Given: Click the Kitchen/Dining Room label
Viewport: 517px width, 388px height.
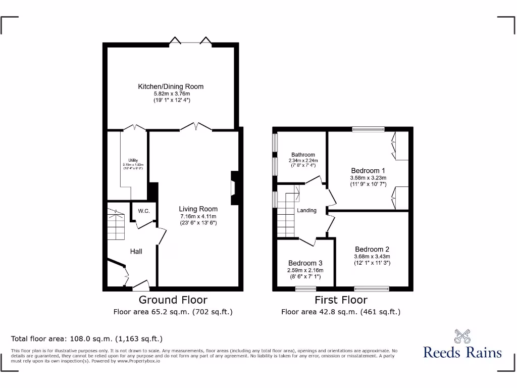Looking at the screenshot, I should click(x=171, y=87).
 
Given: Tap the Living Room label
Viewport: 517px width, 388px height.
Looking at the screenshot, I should click(x=198, y=209).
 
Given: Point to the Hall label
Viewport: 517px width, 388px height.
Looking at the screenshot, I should click(x=136, y=251).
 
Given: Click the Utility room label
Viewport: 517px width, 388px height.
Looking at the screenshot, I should click(x=133, y=160).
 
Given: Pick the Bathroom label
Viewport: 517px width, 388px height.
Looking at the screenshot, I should click(x=303, y=155).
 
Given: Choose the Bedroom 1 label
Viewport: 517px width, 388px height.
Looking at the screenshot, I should click(x=368, y=171).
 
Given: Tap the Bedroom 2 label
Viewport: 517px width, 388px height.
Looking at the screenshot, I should click(x=372, y=249).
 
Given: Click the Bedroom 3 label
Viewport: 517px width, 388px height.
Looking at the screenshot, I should click(x=305, y=263).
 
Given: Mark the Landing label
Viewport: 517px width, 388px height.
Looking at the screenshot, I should click(x=306, y=211).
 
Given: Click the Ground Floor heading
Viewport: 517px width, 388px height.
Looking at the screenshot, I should click(x=173, y=300).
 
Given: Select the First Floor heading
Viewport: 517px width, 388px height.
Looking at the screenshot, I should click(x=341, y=300).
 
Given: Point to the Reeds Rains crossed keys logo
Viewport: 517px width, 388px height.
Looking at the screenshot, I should click(x=462, y=336).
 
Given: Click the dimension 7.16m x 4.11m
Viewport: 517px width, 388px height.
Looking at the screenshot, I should click(x=198, y=216).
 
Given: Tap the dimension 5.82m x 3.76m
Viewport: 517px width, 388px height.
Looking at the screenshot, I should click(x=171, y=94).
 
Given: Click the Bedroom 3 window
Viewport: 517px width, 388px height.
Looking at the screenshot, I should click(x=305, y=289).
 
